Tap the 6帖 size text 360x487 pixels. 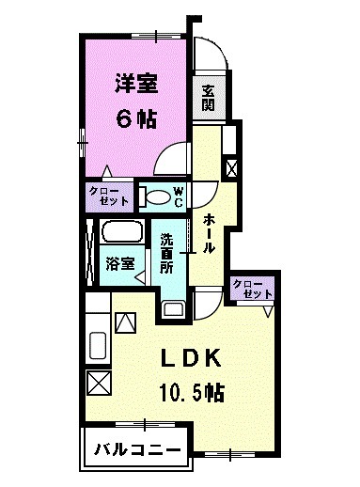pyautogui.click(x=137, y=120)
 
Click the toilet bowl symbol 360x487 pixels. pyautogui.click(x=153, y=197)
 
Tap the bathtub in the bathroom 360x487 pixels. pyautogui.click(x=121, y=233)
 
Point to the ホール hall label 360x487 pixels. pyautogui.click(x=209, y=235)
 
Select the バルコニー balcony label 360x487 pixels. pyautogui.click(x=137, y=450)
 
